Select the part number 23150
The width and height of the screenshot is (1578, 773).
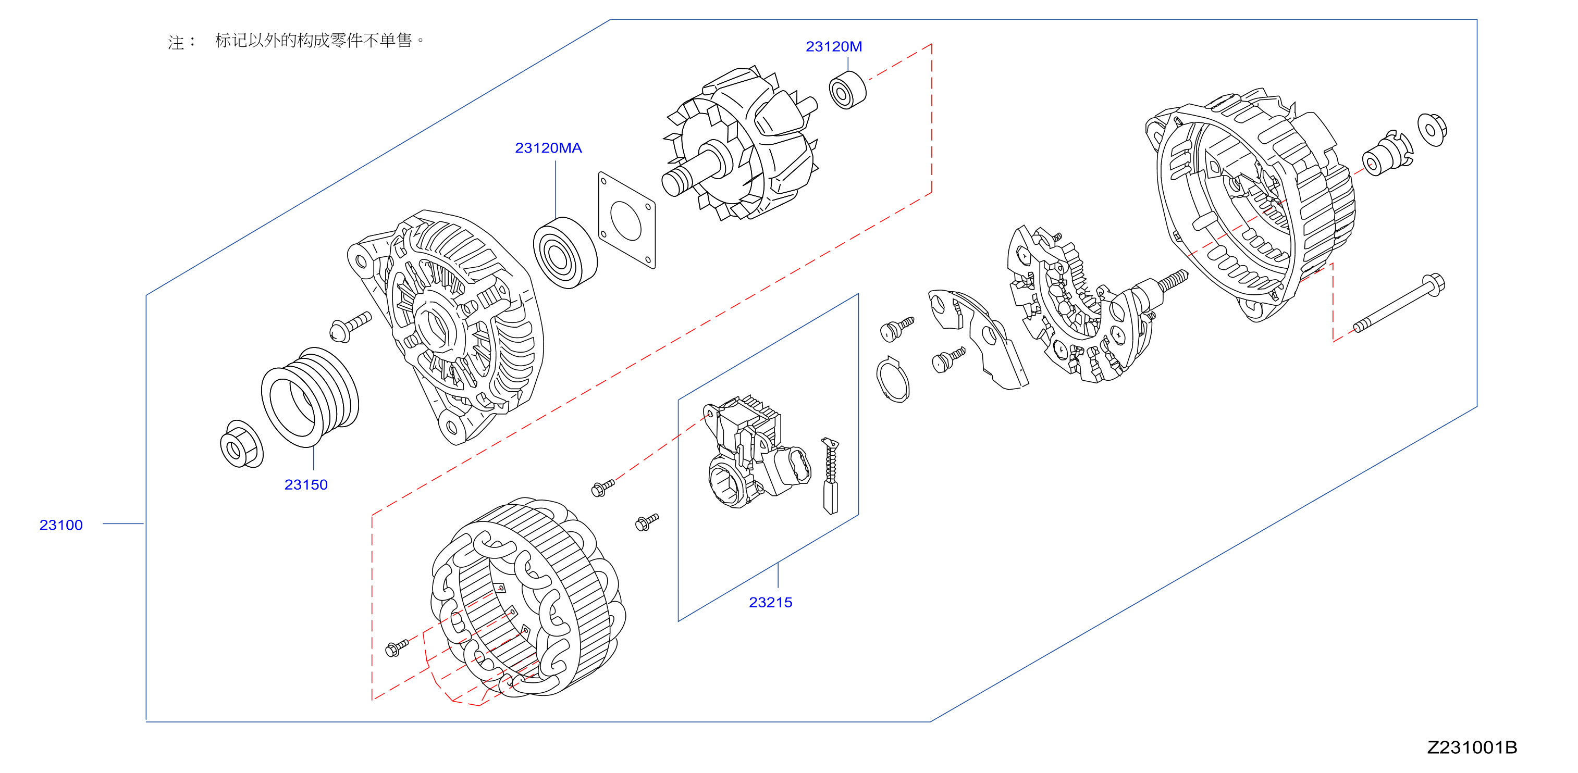click(306, 484)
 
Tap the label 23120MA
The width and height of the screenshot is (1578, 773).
click(548, 147)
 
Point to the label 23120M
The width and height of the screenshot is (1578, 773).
click(834, 46)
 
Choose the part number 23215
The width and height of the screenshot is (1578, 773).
click(771, 602)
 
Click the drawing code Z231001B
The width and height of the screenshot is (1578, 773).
click(1472, 747)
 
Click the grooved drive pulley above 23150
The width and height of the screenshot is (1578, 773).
click(310, 397)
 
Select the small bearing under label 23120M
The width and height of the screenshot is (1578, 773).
click(848, 90)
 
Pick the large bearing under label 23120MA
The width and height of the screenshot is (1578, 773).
click(565, 252)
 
